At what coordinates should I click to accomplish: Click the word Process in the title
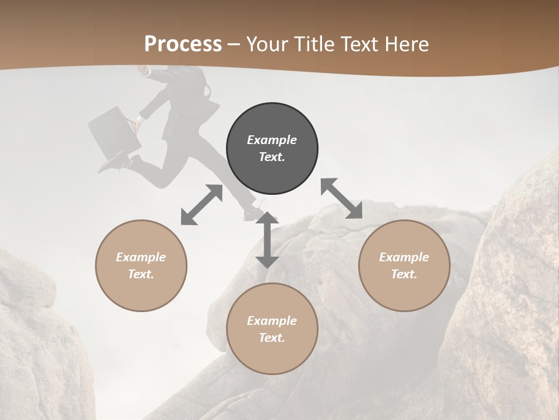183,44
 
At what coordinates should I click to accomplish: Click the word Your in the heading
266,44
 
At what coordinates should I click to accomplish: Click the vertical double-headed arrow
267,240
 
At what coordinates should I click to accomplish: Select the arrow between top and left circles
201,205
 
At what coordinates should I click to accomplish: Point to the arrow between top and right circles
341,198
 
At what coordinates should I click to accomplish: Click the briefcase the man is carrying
114,131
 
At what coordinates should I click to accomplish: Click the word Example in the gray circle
272,140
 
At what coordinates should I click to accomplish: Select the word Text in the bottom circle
272,338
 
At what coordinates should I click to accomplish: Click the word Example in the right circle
404,257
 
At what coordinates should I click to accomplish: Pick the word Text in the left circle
141,274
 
